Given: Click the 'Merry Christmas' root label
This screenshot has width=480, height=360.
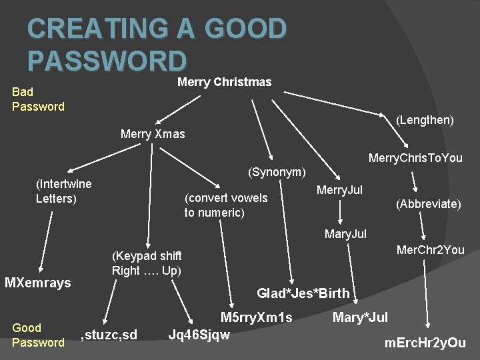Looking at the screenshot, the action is pos(224,82).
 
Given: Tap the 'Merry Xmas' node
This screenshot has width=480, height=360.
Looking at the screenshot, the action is pos(153,134).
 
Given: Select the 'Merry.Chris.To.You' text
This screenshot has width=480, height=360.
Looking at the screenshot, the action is pos(415,158).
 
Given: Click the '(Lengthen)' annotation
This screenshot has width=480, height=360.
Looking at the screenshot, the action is pos(425,120).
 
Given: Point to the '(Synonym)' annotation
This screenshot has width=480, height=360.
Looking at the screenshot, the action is pos(277,172).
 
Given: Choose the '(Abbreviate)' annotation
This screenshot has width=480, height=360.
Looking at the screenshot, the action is pos(427,204).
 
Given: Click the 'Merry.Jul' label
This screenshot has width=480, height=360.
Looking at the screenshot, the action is pos(339,191).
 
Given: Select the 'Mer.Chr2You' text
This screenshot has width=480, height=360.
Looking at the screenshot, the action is pos(430,251).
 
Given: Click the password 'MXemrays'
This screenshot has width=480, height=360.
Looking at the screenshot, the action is pos(37,283).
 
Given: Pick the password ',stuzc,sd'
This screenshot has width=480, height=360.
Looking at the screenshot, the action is pos(109,334).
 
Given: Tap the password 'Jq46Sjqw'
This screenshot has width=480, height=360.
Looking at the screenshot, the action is pos(200,334).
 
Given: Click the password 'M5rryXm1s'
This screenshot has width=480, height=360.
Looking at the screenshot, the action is pos(257,317).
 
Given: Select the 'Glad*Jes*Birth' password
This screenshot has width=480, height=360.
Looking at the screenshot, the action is pos(303,293).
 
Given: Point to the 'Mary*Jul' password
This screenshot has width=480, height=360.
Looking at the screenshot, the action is pos(360,317).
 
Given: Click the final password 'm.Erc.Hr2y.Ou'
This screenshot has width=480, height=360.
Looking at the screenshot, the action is pos(425,343).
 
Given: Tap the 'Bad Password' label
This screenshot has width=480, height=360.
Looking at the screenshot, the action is pos(38,99).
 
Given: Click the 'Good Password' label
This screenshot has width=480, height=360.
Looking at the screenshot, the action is pos(38,335).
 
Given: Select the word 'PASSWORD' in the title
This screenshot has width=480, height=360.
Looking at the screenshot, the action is pos(107,60).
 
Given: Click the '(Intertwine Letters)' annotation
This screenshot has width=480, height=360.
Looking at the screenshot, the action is pos(63,191).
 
